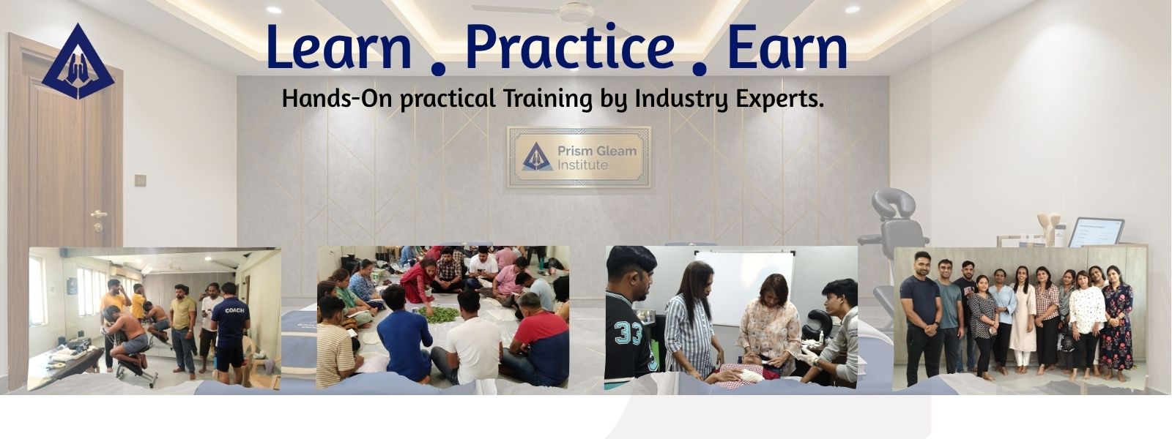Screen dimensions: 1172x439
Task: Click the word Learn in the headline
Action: (338, 47)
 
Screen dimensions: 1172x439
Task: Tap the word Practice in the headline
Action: (570, 47)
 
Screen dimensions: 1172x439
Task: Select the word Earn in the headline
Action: (787, 47)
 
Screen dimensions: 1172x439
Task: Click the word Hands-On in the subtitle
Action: (337, 98)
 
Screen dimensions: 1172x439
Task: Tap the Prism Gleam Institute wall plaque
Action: (579, 157)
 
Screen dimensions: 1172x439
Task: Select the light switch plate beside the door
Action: (140, 180)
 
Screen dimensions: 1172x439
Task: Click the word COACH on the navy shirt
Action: (234, 310)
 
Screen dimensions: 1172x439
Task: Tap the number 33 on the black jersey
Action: (629, 333)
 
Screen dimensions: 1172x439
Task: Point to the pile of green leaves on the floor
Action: (439, 315)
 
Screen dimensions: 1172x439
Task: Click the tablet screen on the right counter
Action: (1096, 232)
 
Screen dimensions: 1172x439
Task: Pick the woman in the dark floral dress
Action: (1116, 324)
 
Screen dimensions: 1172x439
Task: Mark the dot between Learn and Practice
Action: (438, 67)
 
